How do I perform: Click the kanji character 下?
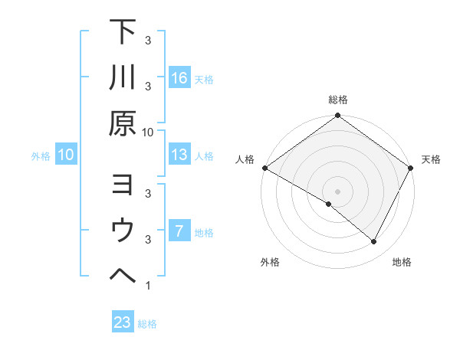click(122, 33)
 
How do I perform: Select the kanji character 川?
click(122, 78)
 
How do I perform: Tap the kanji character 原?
click(122, 123)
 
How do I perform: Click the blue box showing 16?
click(179, 78)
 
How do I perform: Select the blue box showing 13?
click(179, 155)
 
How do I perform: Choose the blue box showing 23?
click(123, 322)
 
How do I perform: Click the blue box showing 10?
click(66, 155)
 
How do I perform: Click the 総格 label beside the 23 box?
click(147, 323)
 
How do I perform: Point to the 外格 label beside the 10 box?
click(41, 155)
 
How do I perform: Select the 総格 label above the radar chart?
click(338, 100)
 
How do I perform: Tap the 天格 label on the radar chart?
click(431, 159)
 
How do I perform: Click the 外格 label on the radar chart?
click(270, 262)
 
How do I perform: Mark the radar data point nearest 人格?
click(264, 167)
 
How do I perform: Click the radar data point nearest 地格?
click(374, 241)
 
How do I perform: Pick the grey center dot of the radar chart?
click(338, 191)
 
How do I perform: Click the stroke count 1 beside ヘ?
click(147, 286)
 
